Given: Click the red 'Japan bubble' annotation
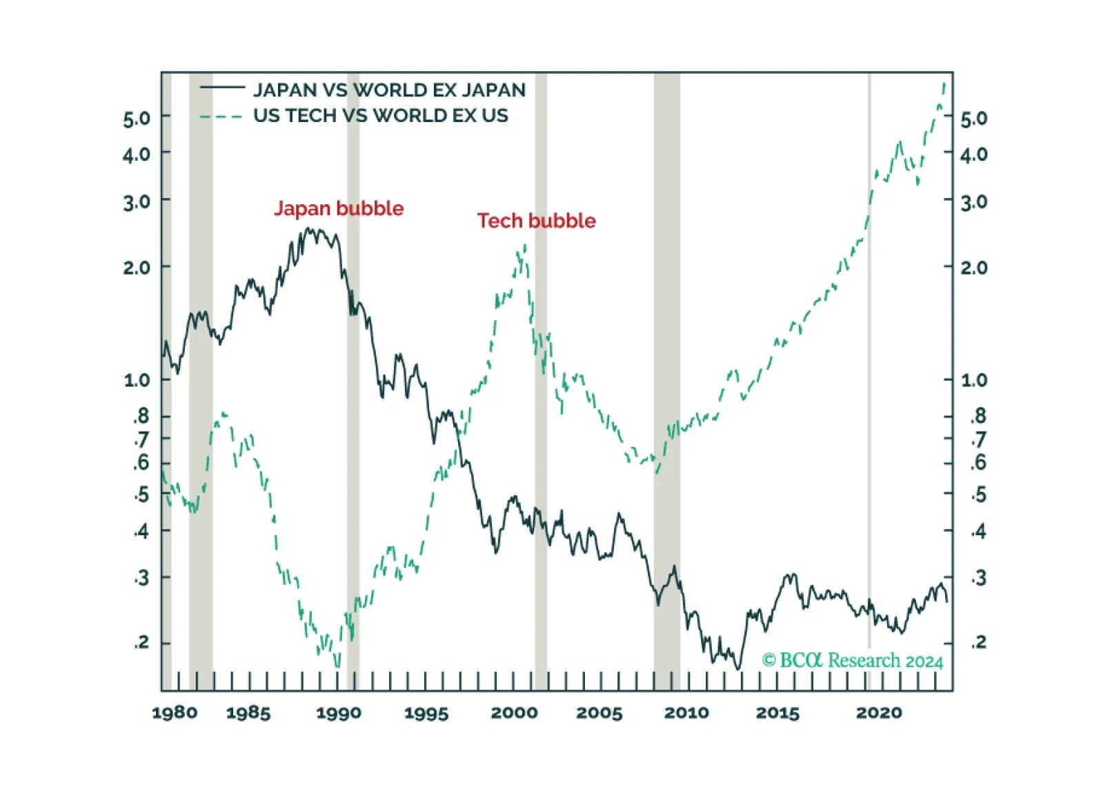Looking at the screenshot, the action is (x=339, y=209).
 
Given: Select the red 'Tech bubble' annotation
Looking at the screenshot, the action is (x=536, y=221).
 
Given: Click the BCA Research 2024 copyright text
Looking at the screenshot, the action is (x=853, y=660).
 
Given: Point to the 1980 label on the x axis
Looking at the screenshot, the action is (x=175, y=712).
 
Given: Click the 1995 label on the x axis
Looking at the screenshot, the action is (x=426, y=712).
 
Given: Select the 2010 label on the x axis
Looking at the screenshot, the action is (x=686, y=712).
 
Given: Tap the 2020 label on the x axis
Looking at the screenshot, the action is (x=880, y=712).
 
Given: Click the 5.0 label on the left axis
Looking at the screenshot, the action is (x=137, y=119).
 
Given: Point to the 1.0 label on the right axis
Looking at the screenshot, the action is (x=974, y=380).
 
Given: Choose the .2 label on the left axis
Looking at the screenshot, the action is (x=141, y=641).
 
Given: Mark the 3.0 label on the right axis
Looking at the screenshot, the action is (x=974, y=202).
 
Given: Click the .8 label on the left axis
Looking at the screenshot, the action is (x=141, y=417).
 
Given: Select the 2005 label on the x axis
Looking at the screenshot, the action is (x=599, y=712).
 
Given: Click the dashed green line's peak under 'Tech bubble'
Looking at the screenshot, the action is (x=525, y=245).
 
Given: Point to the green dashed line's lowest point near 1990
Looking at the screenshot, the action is (x=337, y=666).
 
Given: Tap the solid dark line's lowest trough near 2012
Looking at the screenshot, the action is (x=737, y=668).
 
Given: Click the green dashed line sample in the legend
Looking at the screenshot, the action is (x=221, y=117).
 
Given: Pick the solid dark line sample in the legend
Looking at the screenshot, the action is (x=222, y=88).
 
